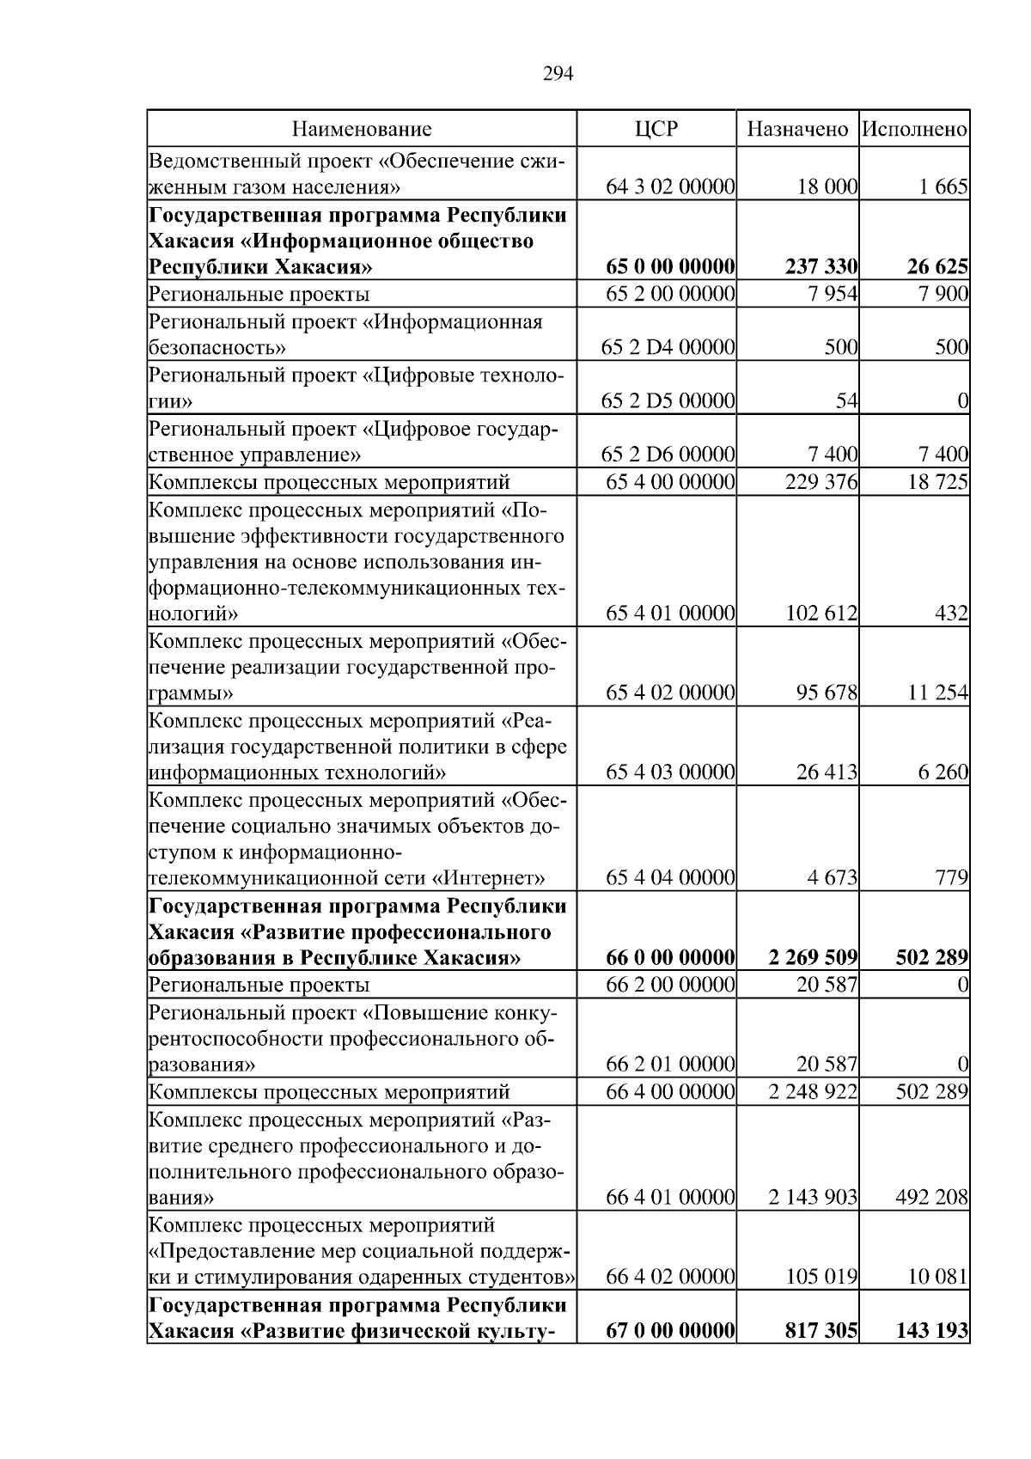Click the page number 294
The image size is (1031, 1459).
[x=558, y=74]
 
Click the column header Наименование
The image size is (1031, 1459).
[x=362, y=130]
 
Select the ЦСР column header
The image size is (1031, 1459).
[x=656, y=130]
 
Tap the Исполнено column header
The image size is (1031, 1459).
[x=914, y=130]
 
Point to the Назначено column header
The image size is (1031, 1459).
[x=797, y=130]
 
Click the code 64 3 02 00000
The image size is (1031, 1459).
[x=670, y=187]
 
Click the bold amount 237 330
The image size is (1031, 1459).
[x=821, y=267]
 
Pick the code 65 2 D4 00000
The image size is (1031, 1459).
[x=670, y=348]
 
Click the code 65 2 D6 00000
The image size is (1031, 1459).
[x=670, y=455]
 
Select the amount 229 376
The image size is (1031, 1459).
[x=821, y=482]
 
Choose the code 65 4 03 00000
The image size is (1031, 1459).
[x=670, y=772]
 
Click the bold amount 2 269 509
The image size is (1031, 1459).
[x=808, y=957]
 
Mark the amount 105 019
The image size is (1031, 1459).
[x=821, y=1277]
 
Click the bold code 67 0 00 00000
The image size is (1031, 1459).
[x=670, y=1331]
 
